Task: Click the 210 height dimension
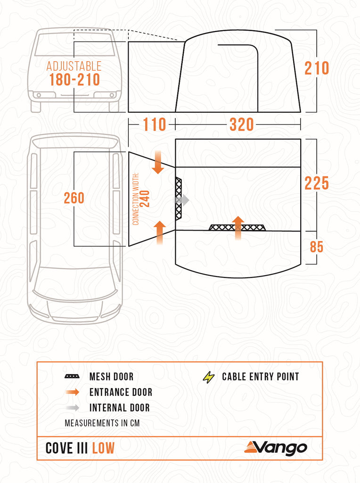317,68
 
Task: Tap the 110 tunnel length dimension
155,125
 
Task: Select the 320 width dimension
242,125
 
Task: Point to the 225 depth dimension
317,183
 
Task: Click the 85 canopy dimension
317,247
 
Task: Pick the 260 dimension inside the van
74,198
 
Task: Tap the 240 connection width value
145,199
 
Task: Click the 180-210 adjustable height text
75,80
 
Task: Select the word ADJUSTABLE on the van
74,66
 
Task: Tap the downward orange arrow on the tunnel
158,162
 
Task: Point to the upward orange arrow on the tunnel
160,233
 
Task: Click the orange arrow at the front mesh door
238,228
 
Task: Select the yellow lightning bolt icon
209,377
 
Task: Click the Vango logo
276,448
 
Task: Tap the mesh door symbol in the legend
72,376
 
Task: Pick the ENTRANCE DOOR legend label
121,392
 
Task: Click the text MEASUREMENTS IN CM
102,423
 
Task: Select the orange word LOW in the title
103,448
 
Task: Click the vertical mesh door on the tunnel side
179,199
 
